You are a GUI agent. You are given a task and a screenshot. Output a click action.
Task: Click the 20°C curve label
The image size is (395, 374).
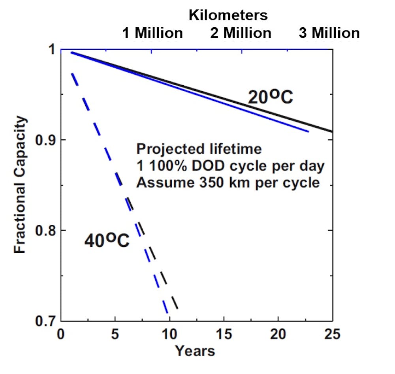(x=270, y=96)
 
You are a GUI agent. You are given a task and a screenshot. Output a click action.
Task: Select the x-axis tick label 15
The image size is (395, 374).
(x=224, y=335)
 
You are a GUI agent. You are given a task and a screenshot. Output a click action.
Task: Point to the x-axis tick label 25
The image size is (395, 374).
(x=332, y=335)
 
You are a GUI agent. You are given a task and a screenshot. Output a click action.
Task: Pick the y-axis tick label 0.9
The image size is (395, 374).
(x=44, y=140)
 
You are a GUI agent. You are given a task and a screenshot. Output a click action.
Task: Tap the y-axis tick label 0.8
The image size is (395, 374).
(x=44, y=230)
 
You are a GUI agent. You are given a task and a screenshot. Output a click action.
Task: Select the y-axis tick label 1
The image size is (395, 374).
(x=51, y=50)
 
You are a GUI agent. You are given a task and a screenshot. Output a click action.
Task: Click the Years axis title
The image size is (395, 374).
(x=195, y=351)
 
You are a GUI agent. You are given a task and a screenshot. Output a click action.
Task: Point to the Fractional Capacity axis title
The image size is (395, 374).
(x=21, y=185)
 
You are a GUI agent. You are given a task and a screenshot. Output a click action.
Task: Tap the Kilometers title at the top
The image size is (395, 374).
(x=228, y=15)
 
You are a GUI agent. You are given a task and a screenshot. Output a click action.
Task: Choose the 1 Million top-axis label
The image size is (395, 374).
(x=153, y=33)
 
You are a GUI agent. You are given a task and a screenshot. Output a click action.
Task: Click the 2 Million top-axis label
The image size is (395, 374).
(x=241, y=33)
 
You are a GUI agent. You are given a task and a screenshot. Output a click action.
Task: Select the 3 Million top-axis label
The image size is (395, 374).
(x=329, y=33)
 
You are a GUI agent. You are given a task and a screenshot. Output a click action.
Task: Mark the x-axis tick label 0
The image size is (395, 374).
(x=61, y=335)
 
